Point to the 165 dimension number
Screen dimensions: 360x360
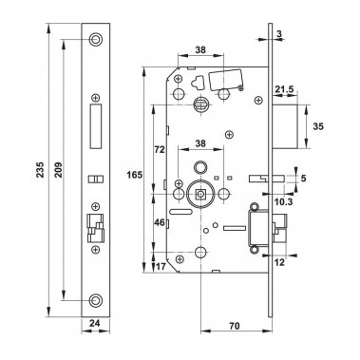tap(136, 176)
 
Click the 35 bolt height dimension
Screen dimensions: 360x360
tap(320, 123)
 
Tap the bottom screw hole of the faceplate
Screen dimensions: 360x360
tap(96, 303)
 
